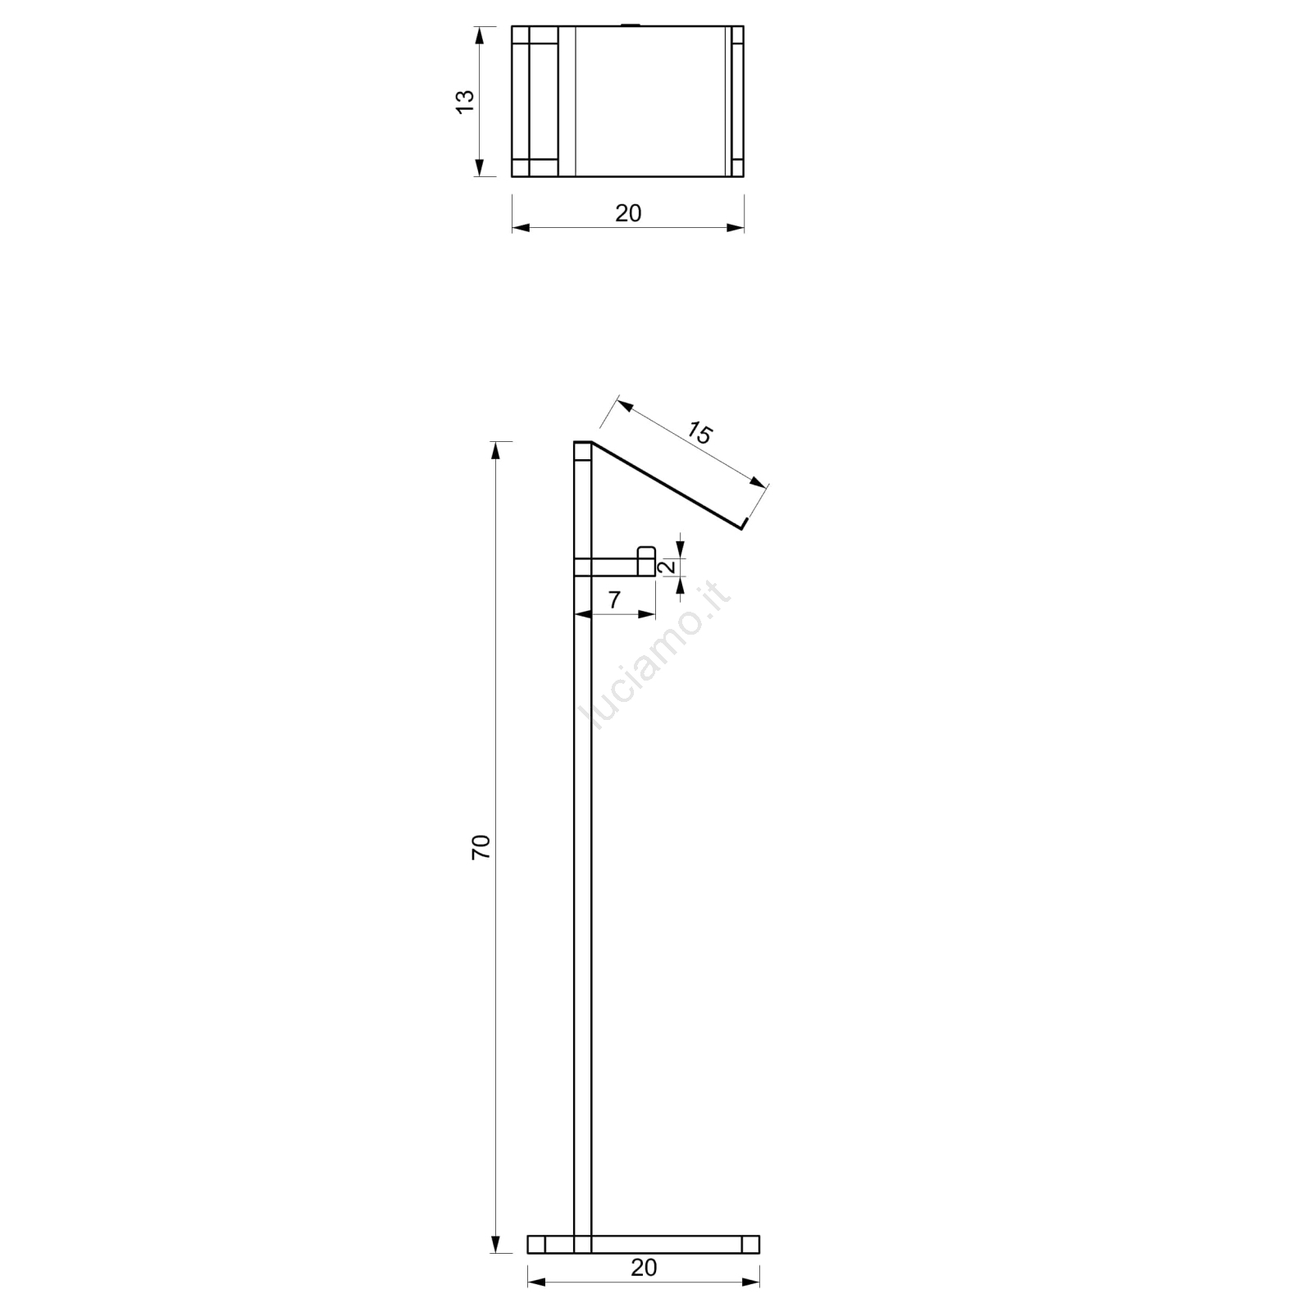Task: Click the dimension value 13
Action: (465, 101)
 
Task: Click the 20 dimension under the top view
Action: (628, 213)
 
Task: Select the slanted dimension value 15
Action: (699, 432)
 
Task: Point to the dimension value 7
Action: (615, 599)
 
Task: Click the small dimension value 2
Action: (667, 566)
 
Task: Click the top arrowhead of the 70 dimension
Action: (494, 452)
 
